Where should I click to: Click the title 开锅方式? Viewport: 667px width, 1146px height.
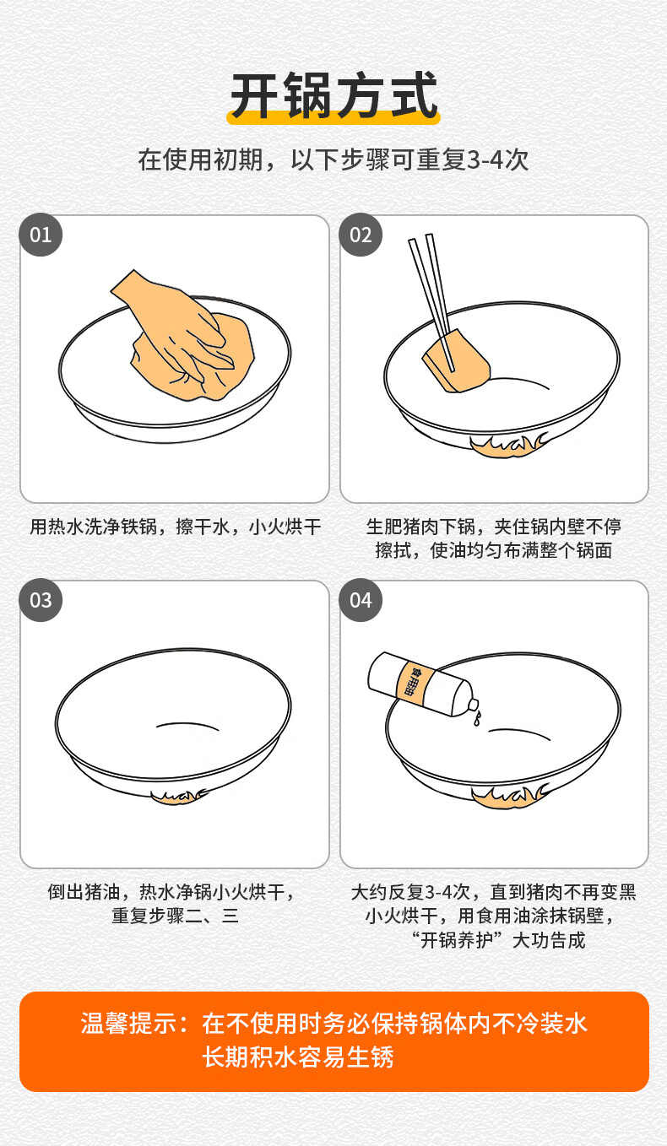coord(333,95)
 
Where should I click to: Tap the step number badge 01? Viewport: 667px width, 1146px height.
coord(41,235)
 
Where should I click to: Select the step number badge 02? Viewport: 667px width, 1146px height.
coord(361,235)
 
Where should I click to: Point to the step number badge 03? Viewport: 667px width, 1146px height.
coord(41,600)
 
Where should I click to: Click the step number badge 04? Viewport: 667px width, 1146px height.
coord(361,600)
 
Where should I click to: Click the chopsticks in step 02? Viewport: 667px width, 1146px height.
coord(431,302)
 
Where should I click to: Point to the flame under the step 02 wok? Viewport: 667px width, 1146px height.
coord(507,446)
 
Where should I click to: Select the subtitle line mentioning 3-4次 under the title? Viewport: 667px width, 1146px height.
coord(333,159)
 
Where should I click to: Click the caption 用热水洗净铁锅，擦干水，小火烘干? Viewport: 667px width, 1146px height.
coord(175,527)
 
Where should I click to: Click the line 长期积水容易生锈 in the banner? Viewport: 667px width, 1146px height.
coord(298,1057)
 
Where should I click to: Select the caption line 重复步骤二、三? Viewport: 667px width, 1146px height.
coord(175,916)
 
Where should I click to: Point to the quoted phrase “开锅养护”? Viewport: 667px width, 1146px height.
coord(453,940)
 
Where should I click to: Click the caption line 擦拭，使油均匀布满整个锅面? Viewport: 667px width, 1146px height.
coord(493,550)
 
